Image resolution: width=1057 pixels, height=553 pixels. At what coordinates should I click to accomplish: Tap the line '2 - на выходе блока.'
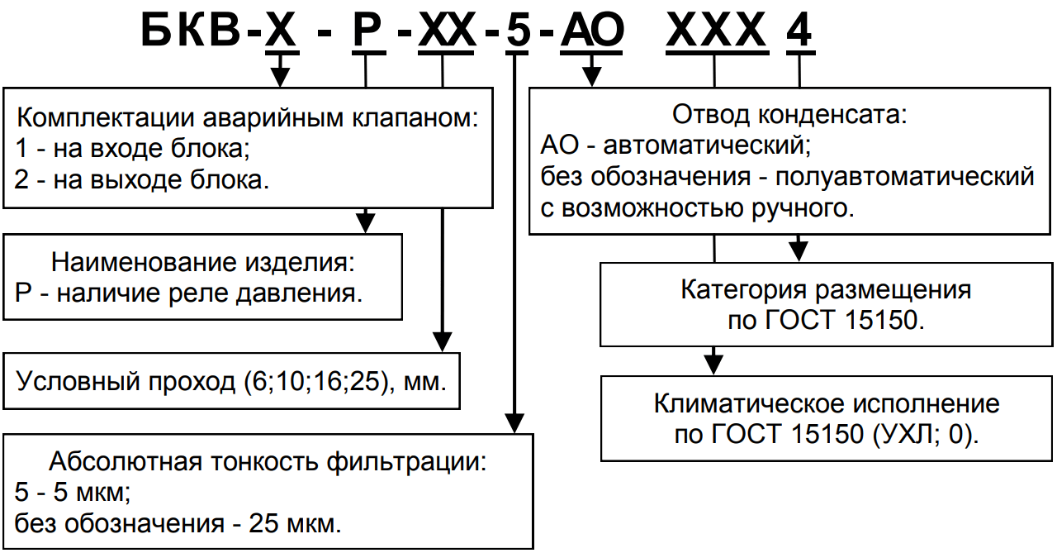pos(142,179)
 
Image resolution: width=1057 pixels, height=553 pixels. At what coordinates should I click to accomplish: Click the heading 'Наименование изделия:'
pos(203,263)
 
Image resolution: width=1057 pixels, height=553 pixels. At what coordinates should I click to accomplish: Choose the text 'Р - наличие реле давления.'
pos(189,293)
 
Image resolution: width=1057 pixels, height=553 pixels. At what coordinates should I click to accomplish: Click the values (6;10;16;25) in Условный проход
pos(315,382)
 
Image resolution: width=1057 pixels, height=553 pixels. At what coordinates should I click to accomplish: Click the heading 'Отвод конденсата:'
pos(790,114)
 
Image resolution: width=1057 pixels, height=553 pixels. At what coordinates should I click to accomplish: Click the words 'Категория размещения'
pos(826,290)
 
